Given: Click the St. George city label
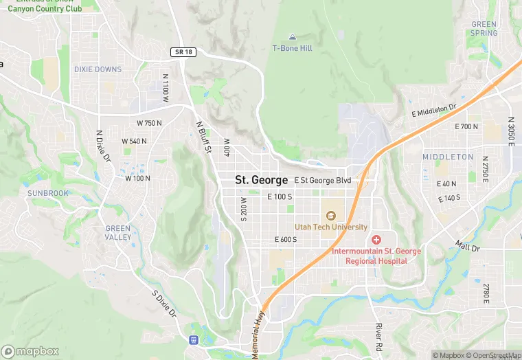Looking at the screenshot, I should point(261,180).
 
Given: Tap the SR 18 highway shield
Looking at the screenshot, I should point(179,52).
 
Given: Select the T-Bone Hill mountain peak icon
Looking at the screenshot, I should point(293,36).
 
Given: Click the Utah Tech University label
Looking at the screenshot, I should point(331,227).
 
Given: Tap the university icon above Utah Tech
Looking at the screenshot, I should point(331,215).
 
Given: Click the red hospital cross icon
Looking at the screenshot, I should point(376,240).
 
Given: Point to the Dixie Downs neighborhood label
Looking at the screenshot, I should point(98,69).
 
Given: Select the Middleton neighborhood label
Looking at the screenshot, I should point(448,157).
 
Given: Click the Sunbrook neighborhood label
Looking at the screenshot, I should point(48,194).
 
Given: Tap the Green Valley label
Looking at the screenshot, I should point(118,233).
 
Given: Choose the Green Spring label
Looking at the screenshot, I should point(484,29).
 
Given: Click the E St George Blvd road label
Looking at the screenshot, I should point(323,181).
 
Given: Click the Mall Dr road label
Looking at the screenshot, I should point(467,245).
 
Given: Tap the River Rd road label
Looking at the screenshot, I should point(378,336).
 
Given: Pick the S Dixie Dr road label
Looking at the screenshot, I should point(163,304).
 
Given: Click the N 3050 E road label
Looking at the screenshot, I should point(511,131).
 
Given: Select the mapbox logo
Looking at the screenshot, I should point(30,351).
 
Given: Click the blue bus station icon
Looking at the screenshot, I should point(194,339).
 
